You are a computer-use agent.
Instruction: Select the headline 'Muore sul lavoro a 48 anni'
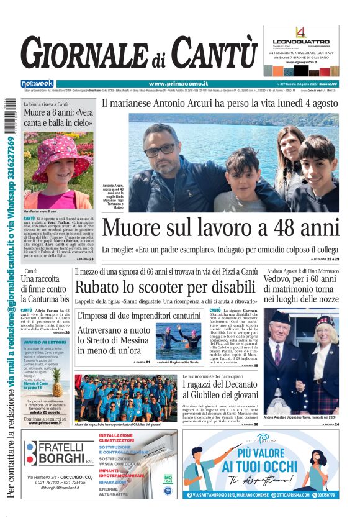click(220, 228)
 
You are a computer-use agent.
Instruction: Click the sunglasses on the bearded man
click(160, 149)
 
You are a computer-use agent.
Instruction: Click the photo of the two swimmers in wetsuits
click(179, 340)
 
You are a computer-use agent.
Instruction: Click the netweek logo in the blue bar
click(37, 84)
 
